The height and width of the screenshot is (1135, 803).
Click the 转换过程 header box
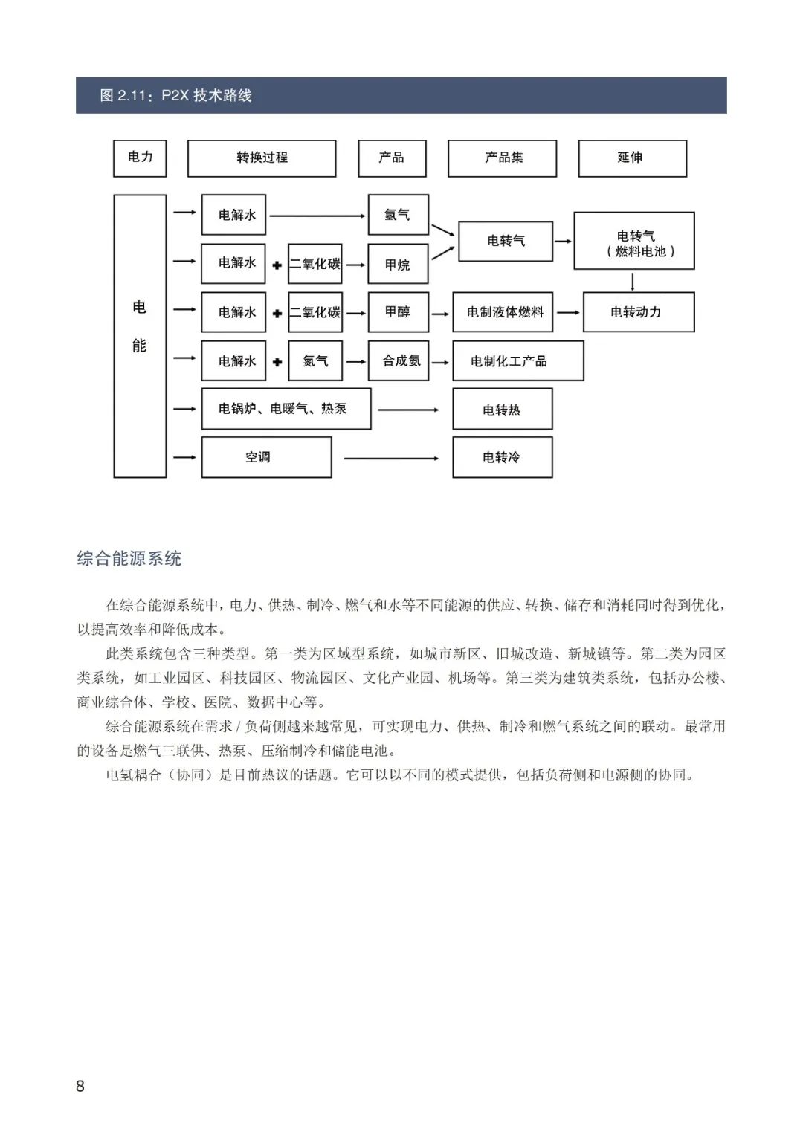click(262, 158)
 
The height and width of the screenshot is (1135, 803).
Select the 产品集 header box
click(502, 158)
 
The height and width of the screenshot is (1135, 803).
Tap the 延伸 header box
click(632, 158)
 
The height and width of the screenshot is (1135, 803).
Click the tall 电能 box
click(140, 335)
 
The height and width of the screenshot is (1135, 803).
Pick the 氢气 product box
click(398, 215)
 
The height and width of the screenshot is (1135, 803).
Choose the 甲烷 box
click(398, 264)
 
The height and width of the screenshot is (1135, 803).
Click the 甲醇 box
click(398, 312)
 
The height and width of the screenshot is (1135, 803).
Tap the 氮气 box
click(315, 361)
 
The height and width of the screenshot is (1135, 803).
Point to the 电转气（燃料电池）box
click(634, 241)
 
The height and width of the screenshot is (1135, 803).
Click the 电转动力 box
click(638, 312)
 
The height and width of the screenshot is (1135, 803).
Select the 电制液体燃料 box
click(503, 312)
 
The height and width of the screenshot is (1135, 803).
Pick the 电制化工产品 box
click(517, 361)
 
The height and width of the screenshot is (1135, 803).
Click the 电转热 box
click(502, 410)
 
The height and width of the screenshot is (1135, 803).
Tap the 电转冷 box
click(502, 457)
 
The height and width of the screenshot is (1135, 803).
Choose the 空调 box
click(266, 457)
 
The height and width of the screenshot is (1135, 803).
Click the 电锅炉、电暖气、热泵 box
click(286, 409)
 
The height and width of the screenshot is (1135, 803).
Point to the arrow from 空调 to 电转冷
click(392, 458)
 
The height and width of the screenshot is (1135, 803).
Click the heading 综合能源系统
click(129, 559)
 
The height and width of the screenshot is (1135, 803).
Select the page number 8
click(80, 1086)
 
